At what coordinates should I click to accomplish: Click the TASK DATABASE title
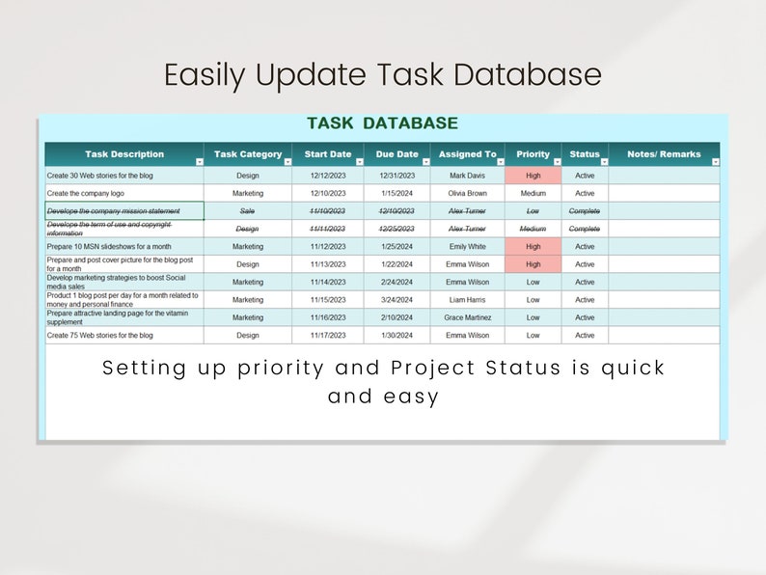(382, 123)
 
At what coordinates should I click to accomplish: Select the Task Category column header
(248, 154)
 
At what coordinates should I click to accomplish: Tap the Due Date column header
(397, 154)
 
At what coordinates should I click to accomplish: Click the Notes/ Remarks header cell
(664, 154)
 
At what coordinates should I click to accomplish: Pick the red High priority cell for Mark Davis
(533, 176)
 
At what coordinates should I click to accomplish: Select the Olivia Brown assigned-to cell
(468, 193)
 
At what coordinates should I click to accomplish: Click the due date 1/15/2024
(397, 193)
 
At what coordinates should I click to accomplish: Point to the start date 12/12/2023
(328, 176)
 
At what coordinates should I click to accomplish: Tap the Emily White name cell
(468, 246)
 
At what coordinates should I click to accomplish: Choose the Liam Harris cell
(468, 300)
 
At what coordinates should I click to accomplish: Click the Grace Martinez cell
(468, 317)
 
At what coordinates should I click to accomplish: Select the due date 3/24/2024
(397, 300)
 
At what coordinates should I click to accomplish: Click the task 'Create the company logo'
(86, 193)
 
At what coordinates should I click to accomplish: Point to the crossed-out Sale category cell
(248, 210)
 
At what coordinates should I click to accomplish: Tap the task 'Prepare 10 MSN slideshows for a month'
(108, 246)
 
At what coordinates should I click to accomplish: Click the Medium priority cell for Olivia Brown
(533, 193)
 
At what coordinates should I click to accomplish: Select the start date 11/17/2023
(328, 336)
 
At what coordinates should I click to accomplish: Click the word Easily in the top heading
(204, 75)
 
